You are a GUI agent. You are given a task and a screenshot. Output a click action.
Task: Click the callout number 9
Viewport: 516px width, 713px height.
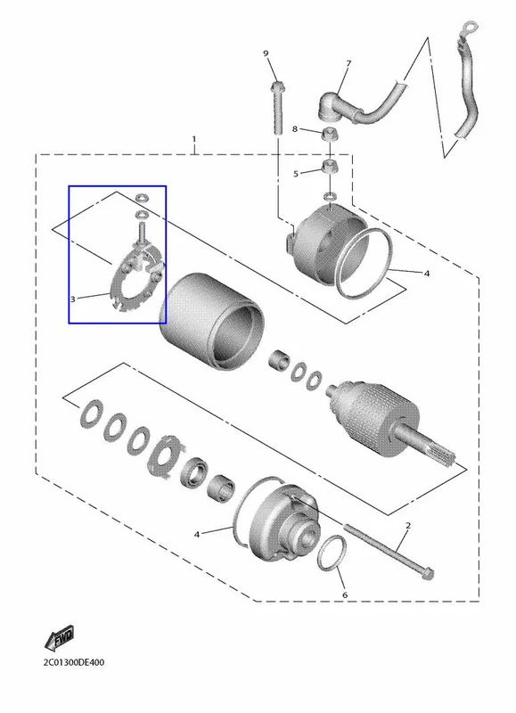tap(266, 53)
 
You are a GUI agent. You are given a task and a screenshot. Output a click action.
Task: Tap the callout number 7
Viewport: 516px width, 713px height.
tap(348, 63)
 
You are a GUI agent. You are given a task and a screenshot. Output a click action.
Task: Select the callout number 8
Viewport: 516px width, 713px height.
tap(295, 129)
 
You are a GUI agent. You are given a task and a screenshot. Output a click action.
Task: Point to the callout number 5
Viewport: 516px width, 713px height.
tap(296, 174)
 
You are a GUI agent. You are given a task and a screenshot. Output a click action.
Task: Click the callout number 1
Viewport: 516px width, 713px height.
tap(194, 138)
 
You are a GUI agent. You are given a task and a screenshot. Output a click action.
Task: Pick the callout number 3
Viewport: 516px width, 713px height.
tap(73, 299)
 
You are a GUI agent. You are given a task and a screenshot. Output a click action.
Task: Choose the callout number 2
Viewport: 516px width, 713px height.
tap(408, 526)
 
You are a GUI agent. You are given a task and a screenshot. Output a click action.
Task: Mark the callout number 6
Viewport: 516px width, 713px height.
tap(345, 594)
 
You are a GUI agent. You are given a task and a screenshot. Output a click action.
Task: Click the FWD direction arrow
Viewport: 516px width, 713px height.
tap(59, 639)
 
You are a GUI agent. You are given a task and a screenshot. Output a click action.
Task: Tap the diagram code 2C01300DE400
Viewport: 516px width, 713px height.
tap(74, 662)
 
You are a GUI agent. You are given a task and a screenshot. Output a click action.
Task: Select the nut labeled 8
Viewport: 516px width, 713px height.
tap(329, 135)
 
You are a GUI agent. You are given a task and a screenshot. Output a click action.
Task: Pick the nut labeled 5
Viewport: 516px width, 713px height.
tap(330, 167)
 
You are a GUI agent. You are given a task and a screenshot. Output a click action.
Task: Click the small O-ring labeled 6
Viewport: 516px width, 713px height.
tap(332, 553)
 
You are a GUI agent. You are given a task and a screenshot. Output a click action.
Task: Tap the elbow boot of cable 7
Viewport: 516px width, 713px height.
tap(331, 105)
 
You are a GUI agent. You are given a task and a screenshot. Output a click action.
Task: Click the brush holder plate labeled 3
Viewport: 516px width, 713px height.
tap(135, 281)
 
